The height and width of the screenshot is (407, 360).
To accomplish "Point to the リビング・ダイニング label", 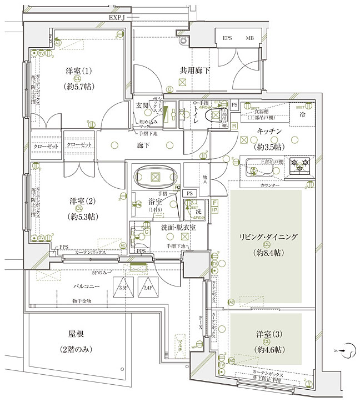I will [x=268, y=237].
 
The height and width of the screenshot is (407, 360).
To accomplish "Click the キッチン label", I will [x=270, y=130].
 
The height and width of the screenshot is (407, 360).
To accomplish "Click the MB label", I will [x=251, y=39].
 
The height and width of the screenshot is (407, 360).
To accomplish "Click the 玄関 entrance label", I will [x=142, y=105].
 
